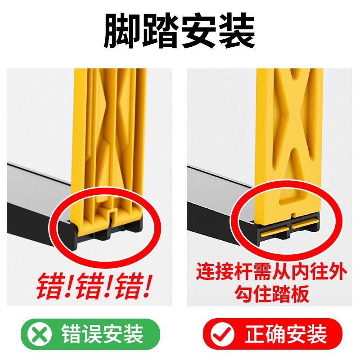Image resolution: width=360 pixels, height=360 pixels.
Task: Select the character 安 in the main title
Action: [x=199, y=31]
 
